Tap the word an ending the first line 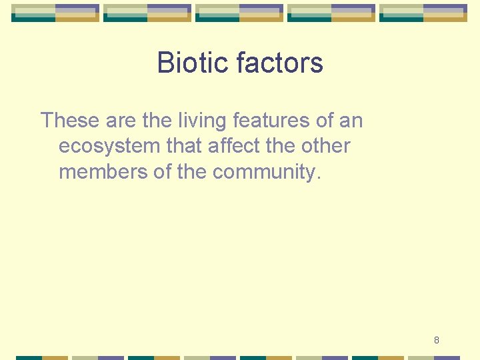pyautogui.click(x=352, y=121)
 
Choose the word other pyautogui.click(x=325, y=146)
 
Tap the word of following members pyautogui.click(x=163, y=171)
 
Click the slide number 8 pyautogui.click(x=437, y=340)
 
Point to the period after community pyautogui.click(x=319, y=178)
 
